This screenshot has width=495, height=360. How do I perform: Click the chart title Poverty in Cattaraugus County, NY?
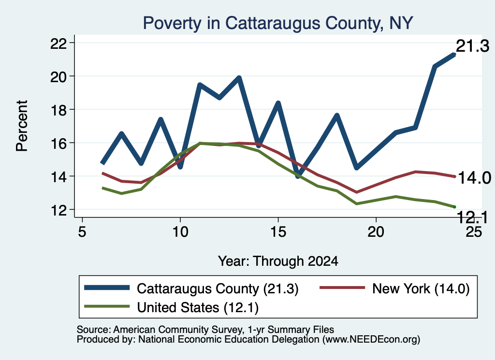[x=278, y=23]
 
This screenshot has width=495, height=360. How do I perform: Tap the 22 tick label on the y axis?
[x=58, y=43]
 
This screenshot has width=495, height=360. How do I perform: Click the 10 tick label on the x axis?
[x=180, y=232]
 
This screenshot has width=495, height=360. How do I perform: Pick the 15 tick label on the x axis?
[x=278, y=232]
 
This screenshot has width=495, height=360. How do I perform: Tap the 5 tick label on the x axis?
[x=82, y=232]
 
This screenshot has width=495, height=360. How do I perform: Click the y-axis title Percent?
[x=22, y=126]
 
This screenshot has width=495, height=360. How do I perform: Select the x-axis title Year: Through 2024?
[x=278, y=261]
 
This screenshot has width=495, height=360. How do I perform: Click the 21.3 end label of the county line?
[x=473, y=46]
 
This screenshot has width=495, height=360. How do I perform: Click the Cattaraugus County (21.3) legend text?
[x=218, y=288]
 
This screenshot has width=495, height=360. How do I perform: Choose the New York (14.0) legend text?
[x=421, y=288]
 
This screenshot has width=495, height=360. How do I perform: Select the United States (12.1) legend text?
[x=198, y=307]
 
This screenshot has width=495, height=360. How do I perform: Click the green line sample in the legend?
[x=107, y=306]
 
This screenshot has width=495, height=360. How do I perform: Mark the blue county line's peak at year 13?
[x=239, y=78]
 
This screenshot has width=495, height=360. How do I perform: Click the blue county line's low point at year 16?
[x=298, y=176]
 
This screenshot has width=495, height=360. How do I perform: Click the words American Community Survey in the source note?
[x=178, y=330]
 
